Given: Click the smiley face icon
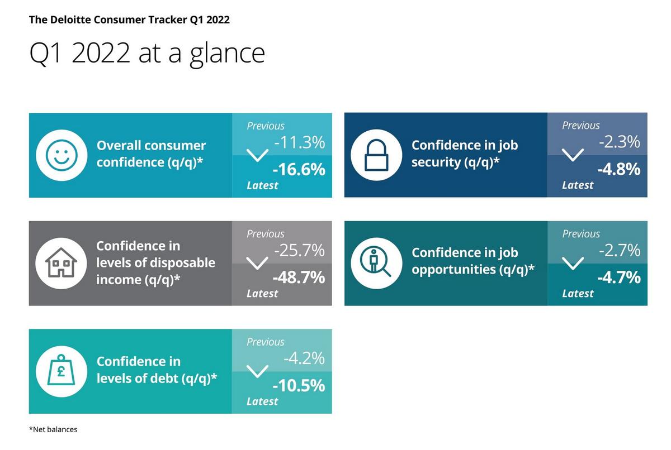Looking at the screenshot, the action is [x=62, y=155].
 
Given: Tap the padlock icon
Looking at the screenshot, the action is [x=376, y=155].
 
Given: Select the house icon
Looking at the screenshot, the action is [x=61, y=263].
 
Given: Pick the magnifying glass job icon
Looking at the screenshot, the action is [x=375, y=262].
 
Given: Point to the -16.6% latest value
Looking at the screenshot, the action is [x=299, y=169].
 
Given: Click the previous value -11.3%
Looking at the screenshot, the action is [x=300, y=142].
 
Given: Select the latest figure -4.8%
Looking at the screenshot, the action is [x=619, y=169].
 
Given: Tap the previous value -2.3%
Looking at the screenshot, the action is [x=620, y=142].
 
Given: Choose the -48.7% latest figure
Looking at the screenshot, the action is [x=299, y=277].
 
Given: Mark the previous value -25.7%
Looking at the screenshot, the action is [x=300, y=250].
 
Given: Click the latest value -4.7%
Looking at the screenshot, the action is [x=619, y=277].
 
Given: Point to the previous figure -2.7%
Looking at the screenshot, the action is [x=620, y=250].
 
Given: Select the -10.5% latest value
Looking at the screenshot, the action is [x=299, y=385].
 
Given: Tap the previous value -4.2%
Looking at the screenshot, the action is [x=304, y=358].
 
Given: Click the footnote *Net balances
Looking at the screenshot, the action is [x=53, y=429].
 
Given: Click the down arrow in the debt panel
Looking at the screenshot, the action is [x=257, y=371].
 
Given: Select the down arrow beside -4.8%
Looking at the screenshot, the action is [x=573, y=155].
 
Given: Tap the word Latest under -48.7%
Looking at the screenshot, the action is [x=262, y=294].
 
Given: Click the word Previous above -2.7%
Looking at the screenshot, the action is [x=581, y=234].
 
